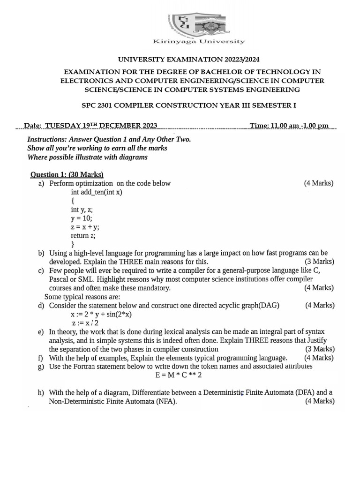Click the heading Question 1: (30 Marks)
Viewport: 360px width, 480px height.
(67, 174)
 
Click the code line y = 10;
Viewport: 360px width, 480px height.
(82, 218)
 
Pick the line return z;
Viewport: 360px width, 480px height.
(83, 236)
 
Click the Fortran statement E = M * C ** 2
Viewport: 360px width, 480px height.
(179, 375)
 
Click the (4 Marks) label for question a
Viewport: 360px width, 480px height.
(319, 183)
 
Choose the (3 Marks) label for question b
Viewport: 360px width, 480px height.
(320, 262)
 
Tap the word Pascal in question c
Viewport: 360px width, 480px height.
(60, 279)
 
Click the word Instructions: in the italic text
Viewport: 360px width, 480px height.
(46, 140)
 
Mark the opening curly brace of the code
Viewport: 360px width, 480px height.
(73, 201)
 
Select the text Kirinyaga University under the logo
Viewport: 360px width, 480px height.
(199, 42)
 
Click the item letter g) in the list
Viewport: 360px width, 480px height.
(41, 367)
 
